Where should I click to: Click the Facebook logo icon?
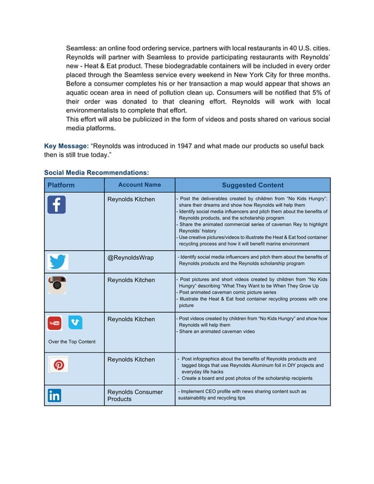(56, 205)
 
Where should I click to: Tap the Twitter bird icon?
(57, 262)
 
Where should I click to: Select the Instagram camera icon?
(56, 285)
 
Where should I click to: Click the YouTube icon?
(55, 323)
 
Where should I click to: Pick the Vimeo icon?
(75, 323)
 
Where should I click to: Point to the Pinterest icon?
(57, 364)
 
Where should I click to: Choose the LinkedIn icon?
(55, 396)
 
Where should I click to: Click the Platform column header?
(61, 185)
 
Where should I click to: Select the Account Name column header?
(140, 185)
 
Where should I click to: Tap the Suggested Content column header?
(253, 185)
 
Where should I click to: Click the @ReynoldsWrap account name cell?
(131, 257)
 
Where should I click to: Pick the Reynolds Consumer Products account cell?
(135, 396)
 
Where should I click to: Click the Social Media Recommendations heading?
(96, 173)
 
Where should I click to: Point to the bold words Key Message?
(66, 145)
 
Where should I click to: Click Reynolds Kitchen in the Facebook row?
(131, 199)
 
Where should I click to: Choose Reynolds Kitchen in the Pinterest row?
(131, 359)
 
